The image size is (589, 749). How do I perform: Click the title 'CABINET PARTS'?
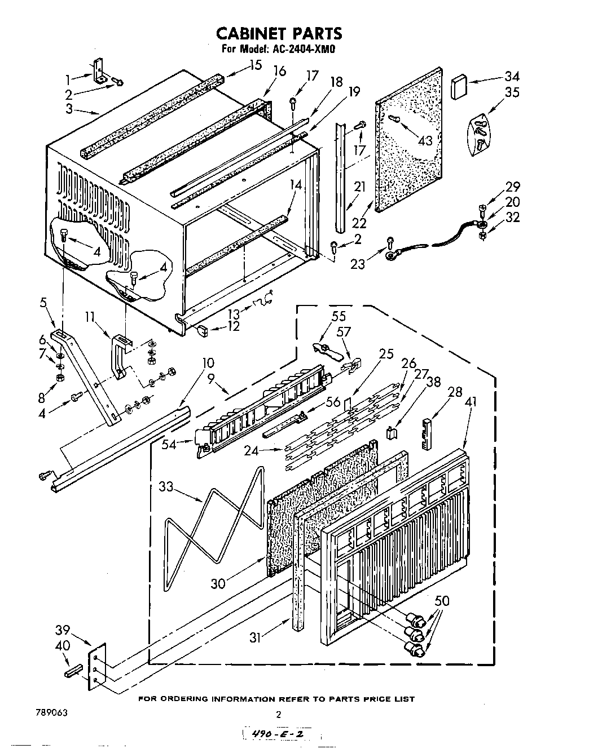coord(279,33)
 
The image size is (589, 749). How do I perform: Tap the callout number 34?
coord(512,76)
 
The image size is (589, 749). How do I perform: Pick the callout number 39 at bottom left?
coord(63,630)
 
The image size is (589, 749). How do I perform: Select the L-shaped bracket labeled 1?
coord(100,73)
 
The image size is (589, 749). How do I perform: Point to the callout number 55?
coord(339,316)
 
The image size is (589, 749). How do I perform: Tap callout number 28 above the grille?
coord(455,392)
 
